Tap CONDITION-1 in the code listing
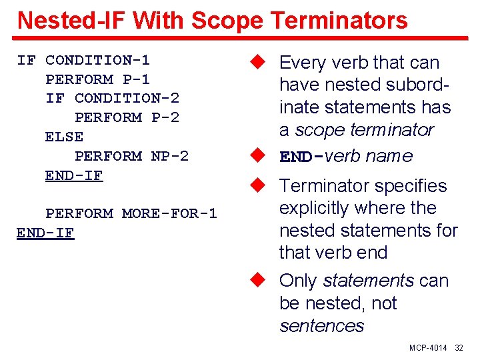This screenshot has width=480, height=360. pos(97,60)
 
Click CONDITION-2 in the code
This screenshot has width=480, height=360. pos(127,98)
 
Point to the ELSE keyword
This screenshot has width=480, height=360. pos(64,137)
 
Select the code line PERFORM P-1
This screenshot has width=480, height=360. pos(97,79)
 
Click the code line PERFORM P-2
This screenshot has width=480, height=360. pos(127,117)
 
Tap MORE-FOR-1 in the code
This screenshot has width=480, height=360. pos(169,214)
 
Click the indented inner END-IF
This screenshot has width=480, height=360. pos(74,175)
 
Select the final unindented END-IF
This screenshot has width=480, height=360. pos(45,233)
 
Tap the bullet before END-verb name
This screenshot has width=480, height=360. pos(259,156)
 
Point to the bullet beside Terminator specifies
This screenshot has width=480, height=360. pos(259,185)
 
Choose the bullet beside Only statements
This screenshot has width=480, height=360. pos(259,280)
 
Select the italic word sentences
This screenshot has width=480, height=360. pos(321,326)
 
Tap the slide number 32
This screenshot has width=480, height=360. pos(459,349)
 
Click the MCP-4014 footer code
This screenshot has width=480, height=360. pos(429,349)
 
